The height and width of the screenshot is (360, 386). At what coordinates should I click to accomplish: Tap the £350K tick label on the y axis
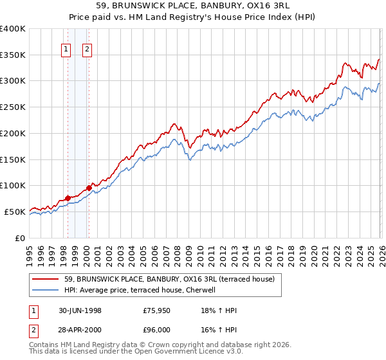pos(13,55)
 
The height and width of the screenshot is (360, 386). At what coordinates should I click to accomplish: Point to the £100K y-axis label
pos(13,186)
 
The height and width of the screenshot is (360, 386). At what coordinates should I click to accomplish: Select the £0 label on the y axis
pos(19,238)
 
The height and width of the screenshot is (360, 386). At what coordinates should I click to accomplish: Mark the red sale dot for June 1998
pos(68,198)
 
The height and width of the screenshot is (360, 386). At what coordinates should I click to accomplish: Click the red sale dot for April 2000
pos(89,188)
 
